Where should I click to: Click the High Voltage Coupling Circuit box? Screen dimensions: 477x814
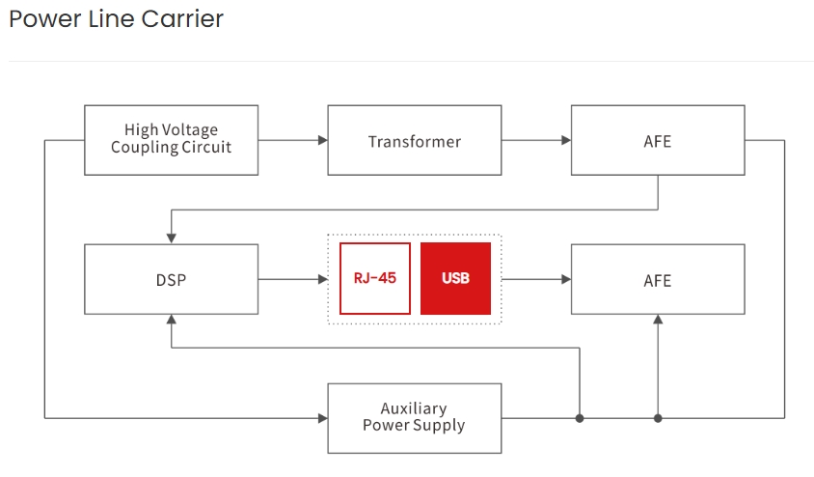tap(171, 140)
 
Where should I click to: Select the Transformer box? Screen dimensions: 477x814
tap(414, 140)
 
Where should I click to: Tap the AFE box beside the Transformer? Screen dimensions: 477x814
tap(657, 140)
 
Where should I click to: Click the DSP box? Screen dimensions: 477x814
tap(171, 279)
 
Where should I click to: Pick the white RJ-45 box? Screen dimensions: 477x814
tap(375, 278)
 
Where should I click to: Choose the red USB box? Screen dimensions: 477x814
tap(455, 278)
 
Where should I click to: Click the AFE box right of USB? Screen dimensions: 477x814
tap(657, 279)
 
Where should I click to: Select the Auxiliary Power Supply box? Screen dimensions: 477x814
tap(414, 418)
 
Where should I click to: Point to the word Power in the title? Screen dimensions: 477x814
tap(38, 18)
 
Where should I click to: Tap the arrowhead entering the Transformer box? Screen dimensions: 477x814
tap(322, 140)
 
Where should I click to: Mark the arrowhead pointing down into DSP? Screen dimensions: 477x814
tap(171, 238)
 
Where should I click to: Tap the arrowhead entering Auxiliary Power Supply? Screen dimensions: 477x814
tap(322, 418)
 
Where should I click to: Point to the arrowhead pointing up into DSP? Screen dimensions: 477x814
tap(171, 320)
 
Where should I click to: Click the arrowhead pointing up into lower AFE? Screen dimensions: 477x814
tap(658, 320)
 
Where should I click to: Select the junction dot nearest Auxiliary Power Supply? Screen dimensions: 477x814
tap(580, 418)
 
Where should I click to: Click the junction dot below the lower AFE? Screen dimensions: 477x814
tap(658, 418)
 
